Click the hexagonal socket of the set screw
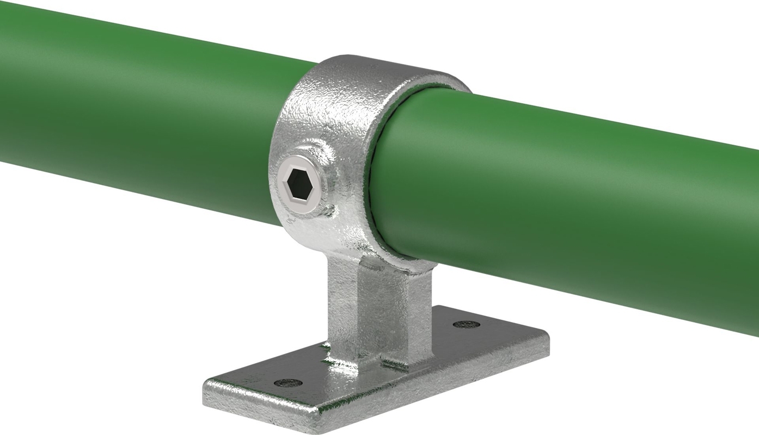(298, 183)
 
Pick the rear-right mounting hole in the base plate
(466, 325)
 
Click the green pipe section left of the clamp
(136, 109)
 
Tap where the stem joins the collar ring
(370, 261)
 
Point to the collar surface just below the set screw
(310, 228)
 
